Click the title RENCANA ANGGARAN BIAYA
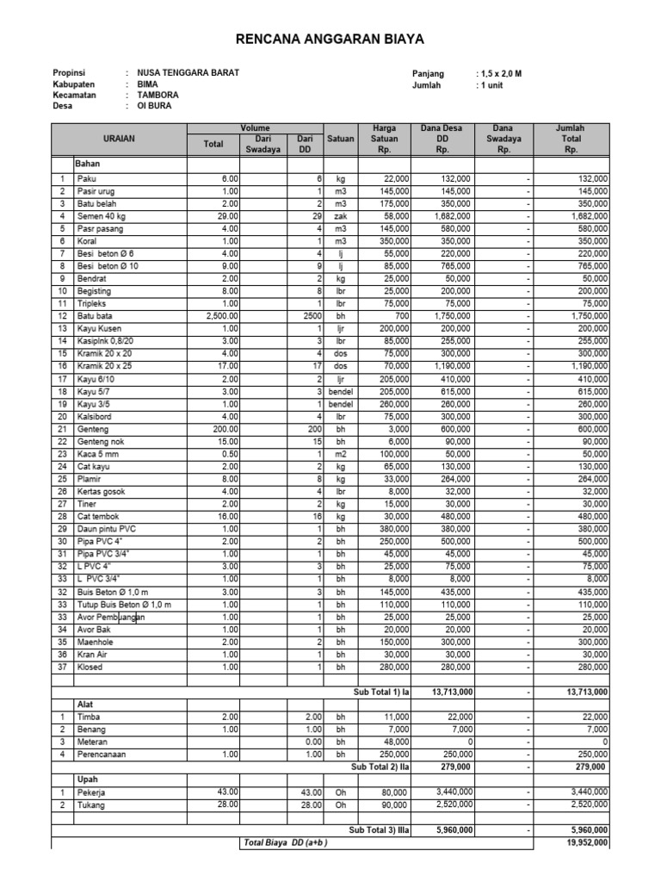330,40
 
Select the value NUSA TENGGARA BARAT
182,73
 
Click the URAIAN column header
120,138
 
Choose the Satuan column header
341,138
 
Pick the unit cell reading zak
341,216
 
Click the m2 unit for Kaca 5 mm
341,454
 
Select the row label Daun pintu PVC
107,529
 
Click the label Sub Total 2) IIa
380,766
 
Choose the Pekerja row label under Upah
91,791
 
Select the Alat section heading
83,704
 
